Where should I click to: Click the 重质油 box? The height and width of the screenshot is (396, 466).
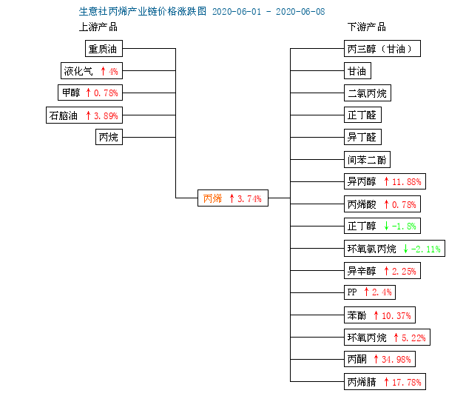[104, 48]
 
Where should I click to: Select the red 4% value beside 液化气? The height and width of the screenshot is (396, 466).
[113, 71]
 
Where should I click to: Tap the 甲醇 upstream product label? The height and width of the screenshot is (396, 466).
[71, 93]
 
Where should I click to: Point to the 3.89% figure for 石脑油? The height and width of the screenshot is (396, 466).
[106, 115]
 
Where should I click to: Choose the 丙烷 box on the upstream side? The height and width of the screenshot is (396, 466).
[109, 137]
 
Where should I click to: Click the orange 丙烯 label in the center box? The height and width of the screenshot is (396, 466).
[212, 198]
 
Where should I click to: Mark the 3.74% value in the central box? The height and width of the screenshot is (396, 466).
[249, 198]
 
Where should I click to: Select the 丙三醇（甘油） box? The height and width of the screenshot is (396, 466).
[382, 48]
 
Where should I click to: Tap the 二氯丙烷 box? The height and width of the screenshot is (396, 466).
[368, 93]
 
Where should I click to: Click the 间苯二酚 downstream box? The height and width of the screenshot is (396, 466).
[367, 160]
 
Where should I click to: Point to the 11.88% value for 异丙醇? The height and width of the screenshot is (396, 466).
[407, 181]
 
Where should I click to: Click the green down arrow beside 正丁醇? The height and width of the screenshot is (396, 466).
[386, 226]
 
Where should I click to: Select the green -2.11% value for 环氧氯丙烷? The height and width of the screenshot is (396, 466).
[425, 249]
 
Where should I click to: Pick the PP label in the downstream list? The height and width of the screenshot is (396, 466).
[352, 292]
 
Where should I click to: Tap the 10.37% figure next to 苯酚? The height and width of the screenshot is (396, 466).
[396, 316]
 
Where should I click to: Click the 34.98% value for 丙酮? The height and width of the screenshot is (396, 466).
[396, 360]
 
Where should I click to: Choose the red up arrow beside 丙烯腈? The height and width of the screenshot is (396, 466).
[386, 382]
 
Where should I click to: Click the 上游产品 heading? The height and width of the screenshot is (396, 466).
[98, 27]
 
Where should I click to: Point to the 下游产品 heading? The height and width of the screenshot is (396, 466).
[367, 27]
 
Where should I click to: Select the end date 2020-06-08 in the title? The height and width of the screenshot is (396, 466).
[300, 12]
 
